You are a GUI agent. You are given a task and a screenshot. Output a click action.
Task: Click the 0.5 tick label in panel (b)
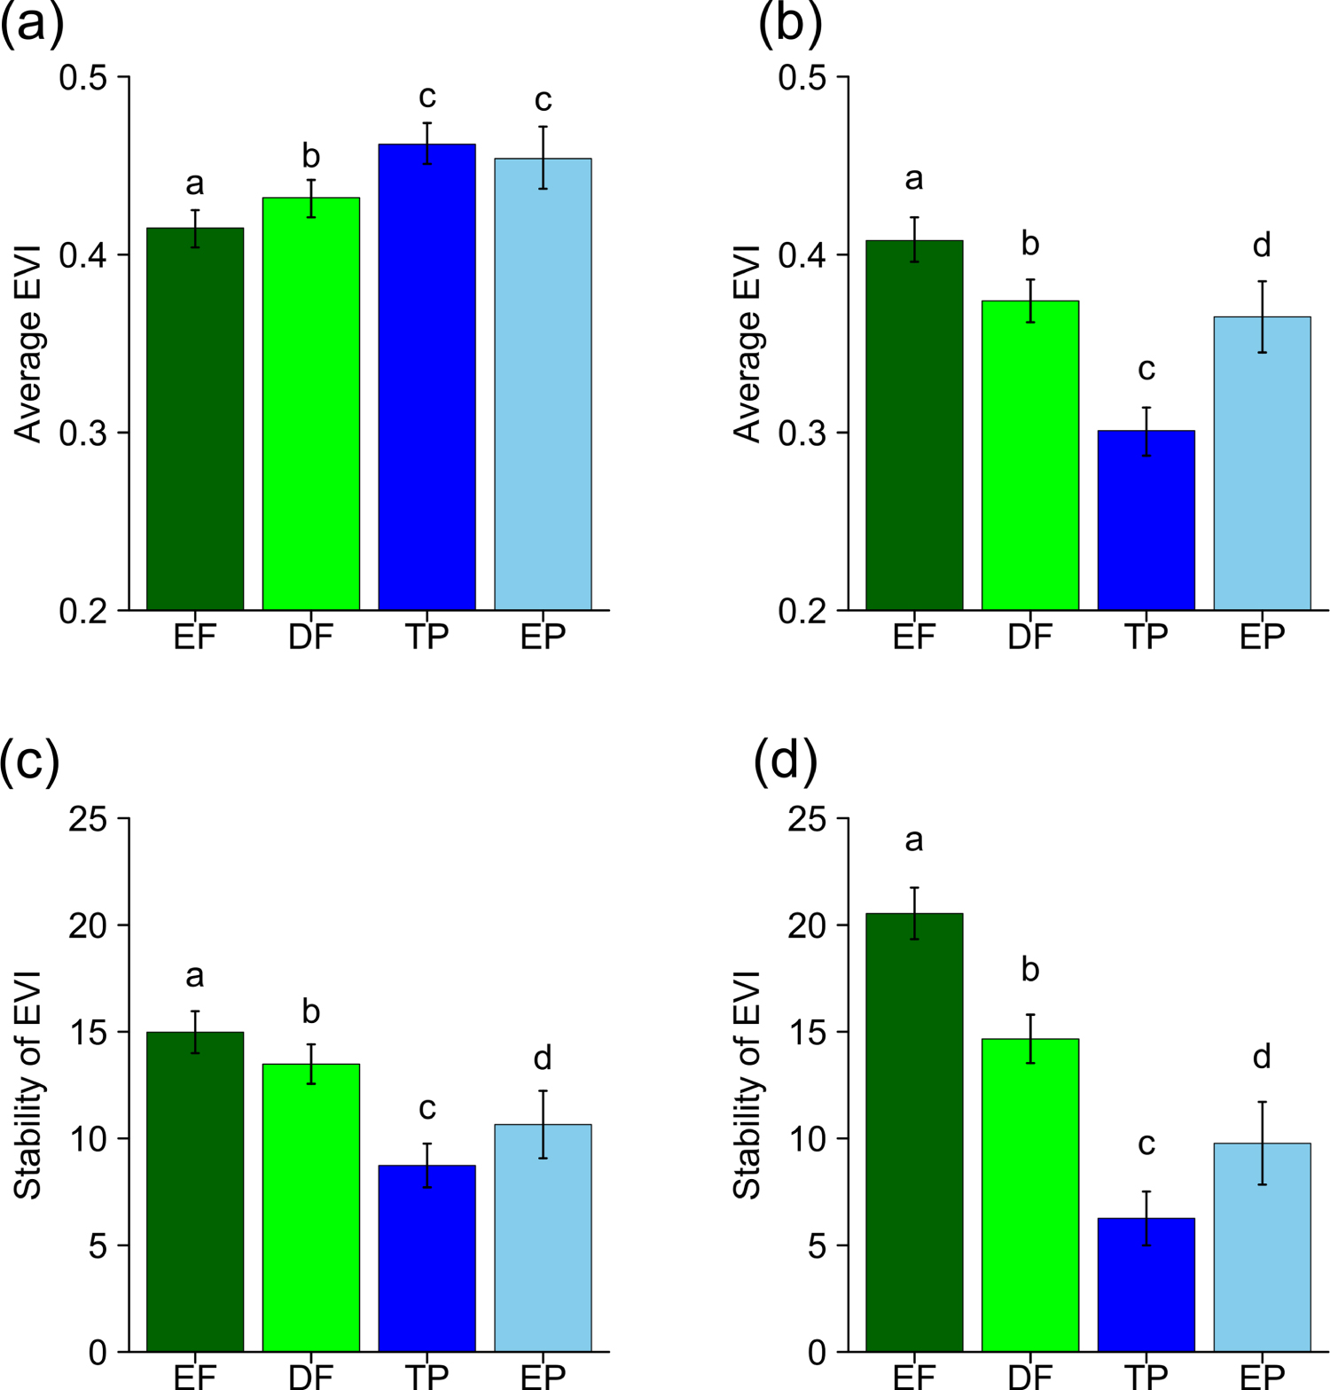click(x=802, y=78)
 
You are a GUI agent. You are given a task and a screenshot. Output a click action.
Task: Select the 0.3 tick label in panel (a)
click(x=82, y=433)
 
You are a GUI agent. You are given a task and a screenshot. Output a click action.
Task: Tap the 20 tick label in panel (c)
click(x=87, y=925)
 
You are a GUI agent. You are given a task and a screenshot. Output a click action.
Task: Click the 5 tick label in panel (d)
click(x=817, y=1246)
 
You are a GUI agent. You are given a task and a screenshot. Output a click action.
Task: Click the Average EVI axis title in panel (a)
click(x=29, y=344)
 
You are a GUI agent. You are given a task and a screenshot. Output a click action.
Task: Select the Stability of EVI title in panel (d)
click(x=747, y=1085)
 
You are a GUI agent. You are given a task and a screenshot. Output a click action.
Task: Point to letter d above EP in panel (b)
click(x=1262, y=244)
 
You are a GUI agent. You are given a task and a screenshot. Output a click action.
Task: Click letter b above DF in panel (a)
click(x=310, y=156)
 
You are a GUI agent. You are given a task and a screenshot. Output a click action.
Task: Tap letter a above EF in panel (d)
click(x=914, y=839)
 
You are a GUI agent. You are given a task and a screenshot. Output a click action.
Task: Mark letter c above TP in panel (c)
click(x=426, y=1108)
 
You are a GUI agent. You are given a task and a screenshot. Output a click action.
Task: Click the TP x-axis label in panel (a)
click(x=426, y=636)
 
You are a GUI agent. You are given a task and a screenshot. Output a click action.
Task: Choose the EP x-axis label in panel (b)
click(x=1262, y=636)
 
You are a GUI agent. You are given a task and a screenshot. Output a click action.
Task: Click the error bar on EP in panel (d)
click(x=1262, y=1143)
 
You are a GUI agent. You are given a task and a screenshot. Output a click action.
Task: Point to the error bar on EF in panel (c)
click(x=195, y=1032)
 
